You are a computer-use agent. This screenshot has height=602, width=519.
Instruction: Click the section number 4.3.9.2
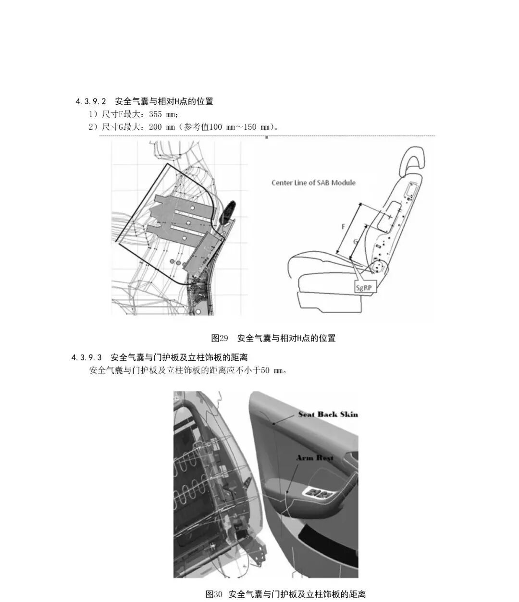[x=91, y=102]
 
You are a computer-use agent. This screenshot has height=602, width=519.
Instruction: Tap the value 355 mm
[x=162, y=114]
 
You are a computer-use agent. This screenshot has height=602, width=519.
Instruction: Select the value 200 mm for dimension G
[x=161, y=127]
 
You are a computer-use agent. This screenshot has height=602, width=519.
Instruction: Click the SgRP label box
[x=364, y=288]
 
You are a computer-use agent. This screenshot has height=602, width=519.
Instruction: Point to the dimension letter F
[x=344, y=226]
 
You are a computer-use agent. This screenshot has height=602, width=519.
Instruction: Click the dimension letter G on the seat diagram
[x=356, y=242]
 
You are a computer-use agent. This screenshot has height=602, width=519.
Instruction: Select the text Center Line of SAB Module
[x=313, y=183]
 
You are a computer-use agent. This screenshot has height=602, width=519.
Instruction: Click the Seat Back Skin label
[x=328, y=415]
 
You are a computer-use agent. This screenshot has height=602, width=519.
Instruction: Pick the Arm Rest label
[x=315, y=458]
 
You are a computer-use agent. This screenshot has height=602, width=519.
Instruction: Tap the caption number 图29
[x=219, y=338]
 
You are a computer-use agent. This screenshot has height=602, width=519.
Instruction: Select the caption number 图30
[x=214, y=594]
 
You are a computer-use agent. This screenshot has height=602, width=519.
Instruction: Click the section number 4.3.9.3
[x=86, y=357]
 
